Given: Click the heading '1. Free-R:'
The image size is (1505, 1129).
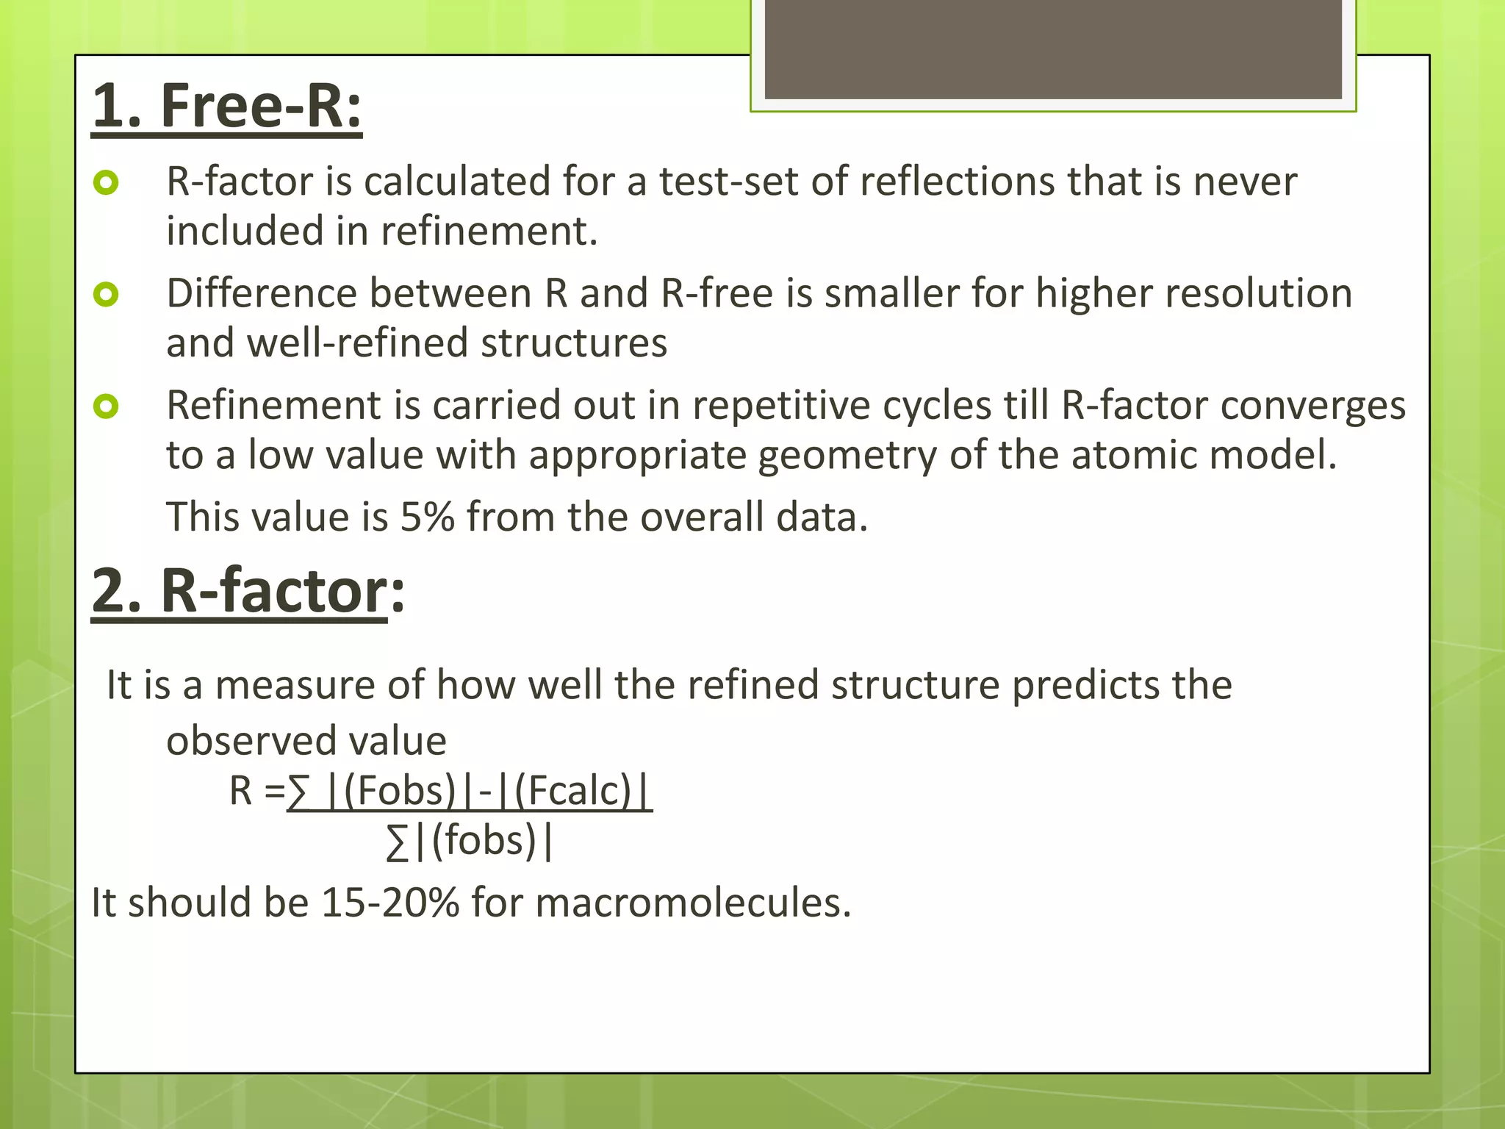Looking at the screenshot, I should (x=227, y=107).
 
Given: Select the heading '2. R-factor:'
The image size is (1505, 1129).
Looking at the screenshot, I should (x=248, y=591).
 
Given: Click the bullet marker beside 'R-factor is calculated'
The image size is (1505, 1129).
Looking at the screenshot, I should (x=107, y=182).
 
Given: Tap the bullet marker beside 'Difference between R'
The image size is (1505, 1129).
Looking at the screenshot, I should (x=107, y=295).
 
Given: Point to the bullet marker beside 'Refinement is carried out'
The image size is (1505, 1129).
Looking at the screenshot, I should (x=107, y=406).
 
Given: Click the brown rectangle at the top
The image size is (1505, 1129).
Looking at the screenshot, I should (x=1053, y=50).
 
